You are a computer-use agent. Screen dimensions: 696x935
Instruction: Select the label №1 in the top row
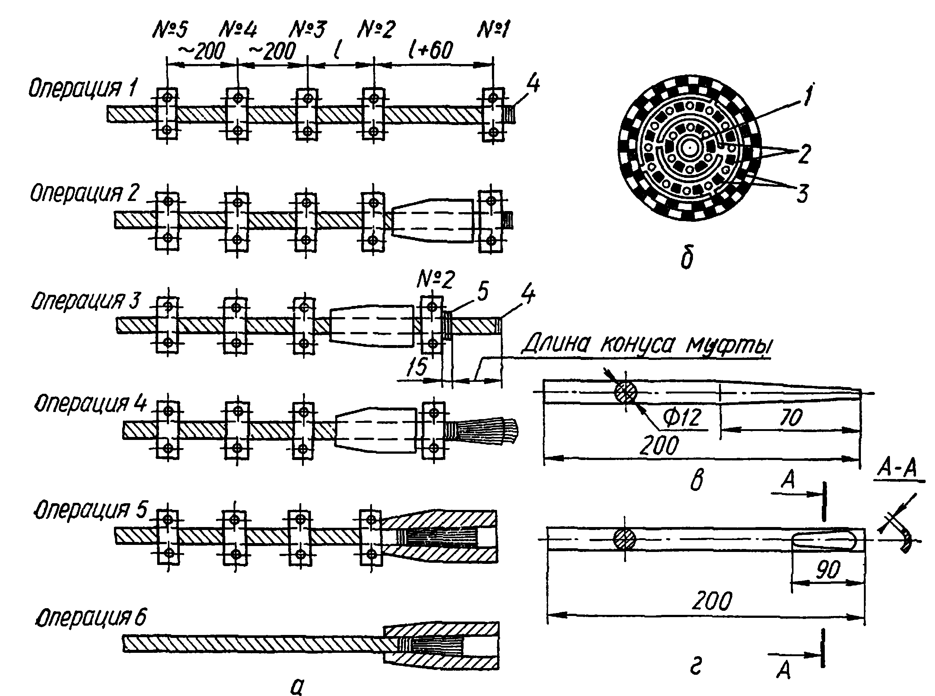pos(493,29)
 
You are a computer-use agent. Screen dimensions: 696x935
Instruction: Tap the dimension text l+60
pos(430,50)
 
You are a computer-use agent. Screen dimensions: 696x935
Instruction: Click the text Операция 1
pos(83,89)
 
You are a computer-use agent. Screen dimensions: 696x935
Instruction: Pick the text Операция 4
pos(90,403)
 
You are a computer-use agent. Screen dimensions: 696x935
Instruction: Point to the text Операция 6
pos(90,617)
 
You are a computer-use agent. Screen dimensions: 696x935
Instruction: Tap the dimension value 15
pos(417,367)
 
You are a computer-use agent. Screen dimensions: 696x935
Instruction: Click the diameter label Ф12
pos(682,418)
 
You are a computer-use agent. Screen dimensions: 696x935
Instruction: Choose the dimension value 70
pos(791,418)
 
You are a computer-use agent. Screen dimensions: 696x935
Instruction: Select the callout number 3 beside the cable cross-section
pos(802,194)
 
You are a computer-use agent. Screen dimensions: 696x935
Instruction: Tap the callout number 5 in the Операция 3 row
pos(482,291)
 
